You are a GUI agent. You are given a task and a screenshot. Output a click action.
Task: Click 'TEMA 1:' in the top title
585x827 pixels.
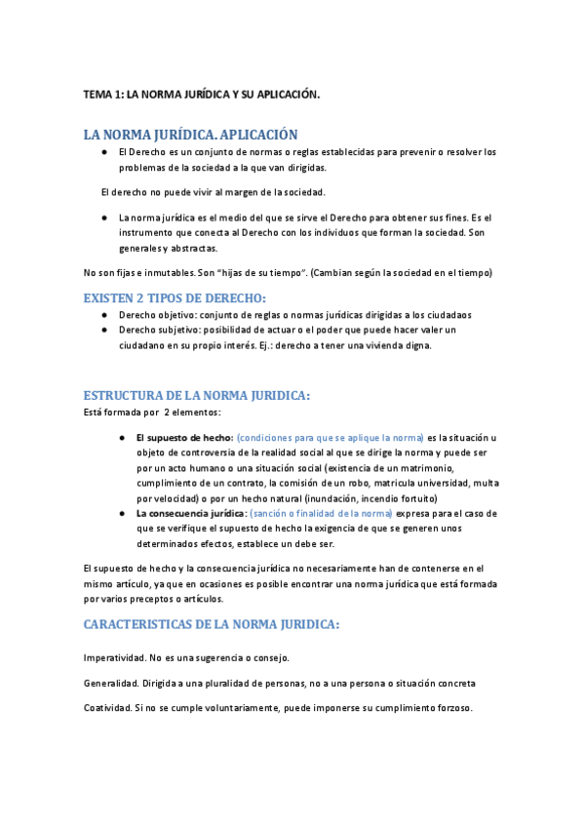(x=103, y=95)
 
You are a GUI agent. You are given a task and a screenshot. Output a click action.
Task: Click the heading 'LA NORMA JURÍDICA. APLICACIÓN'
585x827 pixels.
(x=191, y=135)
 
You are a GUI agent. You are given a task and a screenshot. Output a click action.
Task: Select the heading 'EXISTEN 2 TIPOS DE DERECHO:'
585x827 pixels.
(x=175, y=297)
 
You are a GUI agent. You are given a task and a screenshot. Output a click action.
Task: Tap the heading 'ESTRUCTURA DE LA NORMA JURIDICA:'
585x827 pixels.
(x=197, y=395)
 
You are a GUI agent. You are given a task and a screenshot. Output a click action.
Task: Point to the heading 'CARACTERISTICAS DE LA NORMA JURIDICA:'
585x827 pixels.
(x=212, y=624)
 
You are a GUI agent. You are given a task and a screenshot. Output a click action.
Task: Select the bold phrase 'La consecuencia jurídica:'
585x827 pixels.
(x=191, y=513)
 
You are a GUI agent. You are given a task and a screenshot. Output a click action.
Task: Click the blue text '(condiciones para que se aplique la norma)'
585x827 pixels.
(x=331, y=438)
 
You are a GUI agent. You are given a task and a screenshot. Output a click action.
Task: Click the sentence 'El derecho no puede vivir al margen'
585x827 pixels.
(x=213, y=191)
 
